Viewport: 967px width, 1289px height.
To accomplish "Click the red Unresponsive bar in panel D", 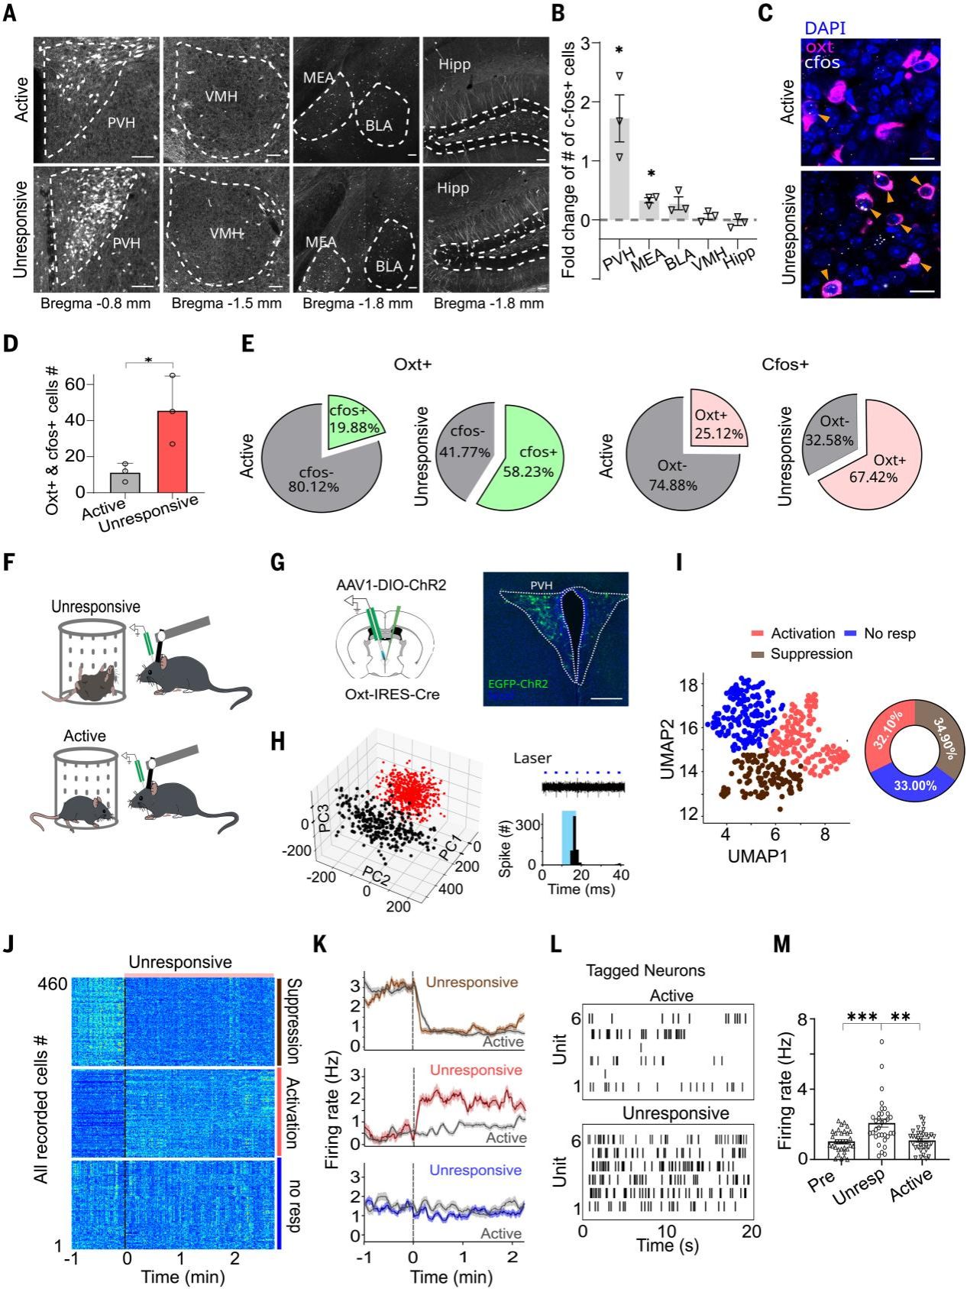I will [173, 451].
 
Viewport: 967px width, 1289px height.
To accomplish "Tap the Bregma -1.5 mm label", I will [226, 304].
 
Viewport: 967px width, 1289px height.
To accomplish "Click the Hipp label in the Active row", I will [453, 65].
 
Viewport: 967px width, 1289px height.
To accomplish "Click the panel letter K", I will [322, 945].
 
